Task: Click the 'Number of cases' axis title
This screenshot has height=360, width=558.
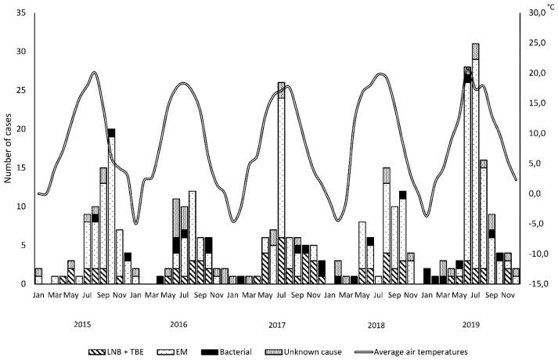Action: coord(8,149)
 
